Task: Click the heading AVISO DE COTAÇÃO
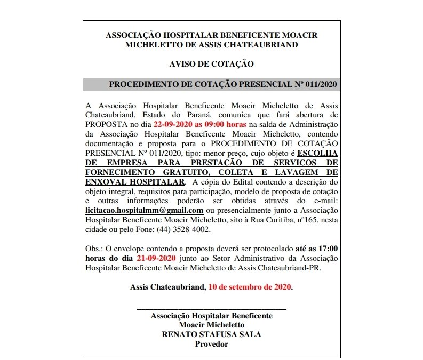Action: (211, 64)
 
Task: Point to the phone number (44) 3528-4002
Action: (184, 229)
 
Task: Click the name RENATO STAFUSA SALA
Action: (212, 334)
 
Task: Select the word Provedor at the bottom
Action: (212, 344)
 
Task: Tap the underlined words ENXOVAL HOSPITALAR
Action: (134, 181)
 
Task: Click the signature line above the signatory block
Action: (212, 309)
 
